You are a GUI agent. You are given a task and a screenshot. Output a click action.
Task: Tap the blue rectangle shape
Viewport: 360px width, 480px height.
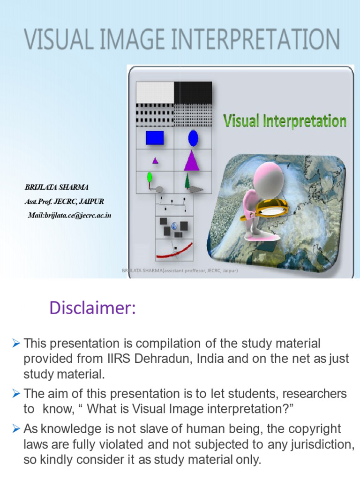click(155, 138)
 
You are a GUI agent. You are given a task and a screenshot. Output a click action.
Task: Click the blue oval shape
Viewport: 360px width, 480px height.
click(193, 138)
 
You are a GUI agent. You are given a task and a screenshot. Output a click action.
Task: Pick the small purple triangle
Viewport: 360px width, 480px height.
click(155, 160)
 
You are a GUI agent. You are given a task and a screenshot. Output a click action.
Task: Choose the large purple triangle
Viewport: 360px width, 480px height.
click(191, 160)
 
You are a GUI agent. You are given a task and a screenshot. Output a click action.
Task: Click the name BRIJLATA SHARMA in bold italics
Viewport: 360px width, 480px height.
click(56, 187)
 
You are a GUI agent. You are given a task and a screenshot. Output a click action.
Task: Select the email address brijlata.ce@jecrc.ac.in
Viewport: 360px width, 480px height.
click(69, 216)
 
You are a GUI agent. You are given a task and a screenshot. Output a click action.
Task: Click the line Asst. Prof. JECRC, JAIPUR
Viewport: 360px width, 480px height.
click(64, 202)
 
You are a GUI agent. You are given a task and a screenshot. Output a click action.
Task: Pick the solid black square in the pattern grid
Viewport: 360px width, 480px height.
click(193, 92)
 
